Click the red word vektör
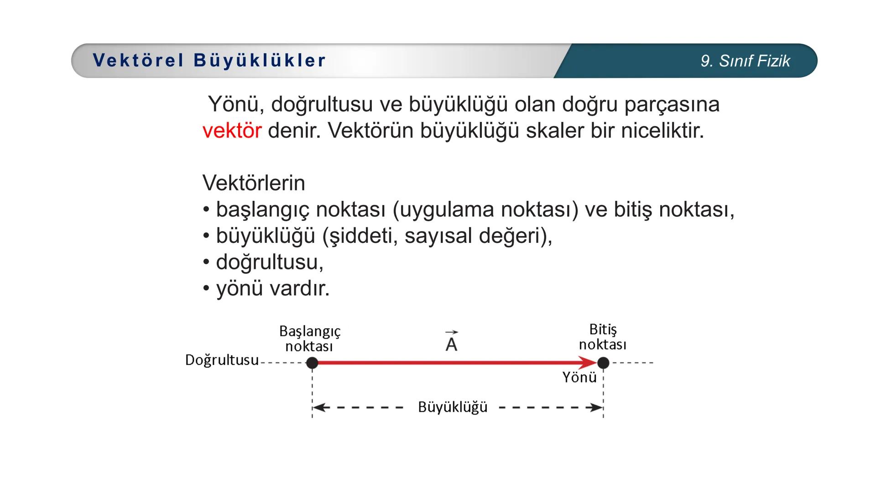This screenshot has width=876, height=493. (x=232, y=131)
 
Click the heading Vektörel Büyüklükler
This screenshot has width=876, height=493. (x=209, y=61)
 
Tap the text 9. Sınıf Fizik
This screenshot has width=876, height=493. (x=745, y=61)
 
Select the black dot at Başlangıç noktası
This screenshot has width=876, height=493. (x=312, y=363)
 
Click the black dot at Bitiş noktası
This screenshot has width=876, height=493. (x=603, y=363)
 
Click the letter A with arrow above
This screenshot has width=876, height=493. (x=451, y=342)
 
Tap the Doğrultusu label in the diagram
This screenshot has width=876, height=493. (x=222, y=360)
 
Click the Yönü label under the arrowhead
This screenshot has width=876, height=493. (x=579, y=378)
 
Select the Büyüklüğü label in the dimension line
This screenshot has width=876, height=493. (x=453, y=407)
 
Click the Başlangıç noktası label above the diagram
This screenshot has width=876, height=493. (x=310, y=338)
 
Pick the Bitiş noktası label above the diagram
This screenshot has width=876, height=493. (x=602, y=337)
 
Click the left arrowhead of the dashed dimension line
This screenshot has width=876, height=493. (x=318, y=408)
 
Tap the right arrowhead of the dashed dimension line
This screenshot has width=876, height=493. (x=597, y=408)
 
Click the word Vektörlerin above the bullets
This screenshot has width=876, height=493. (x=254, y=183)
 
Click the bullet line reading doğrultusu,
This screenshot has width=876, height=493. (x=269, y=262)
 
